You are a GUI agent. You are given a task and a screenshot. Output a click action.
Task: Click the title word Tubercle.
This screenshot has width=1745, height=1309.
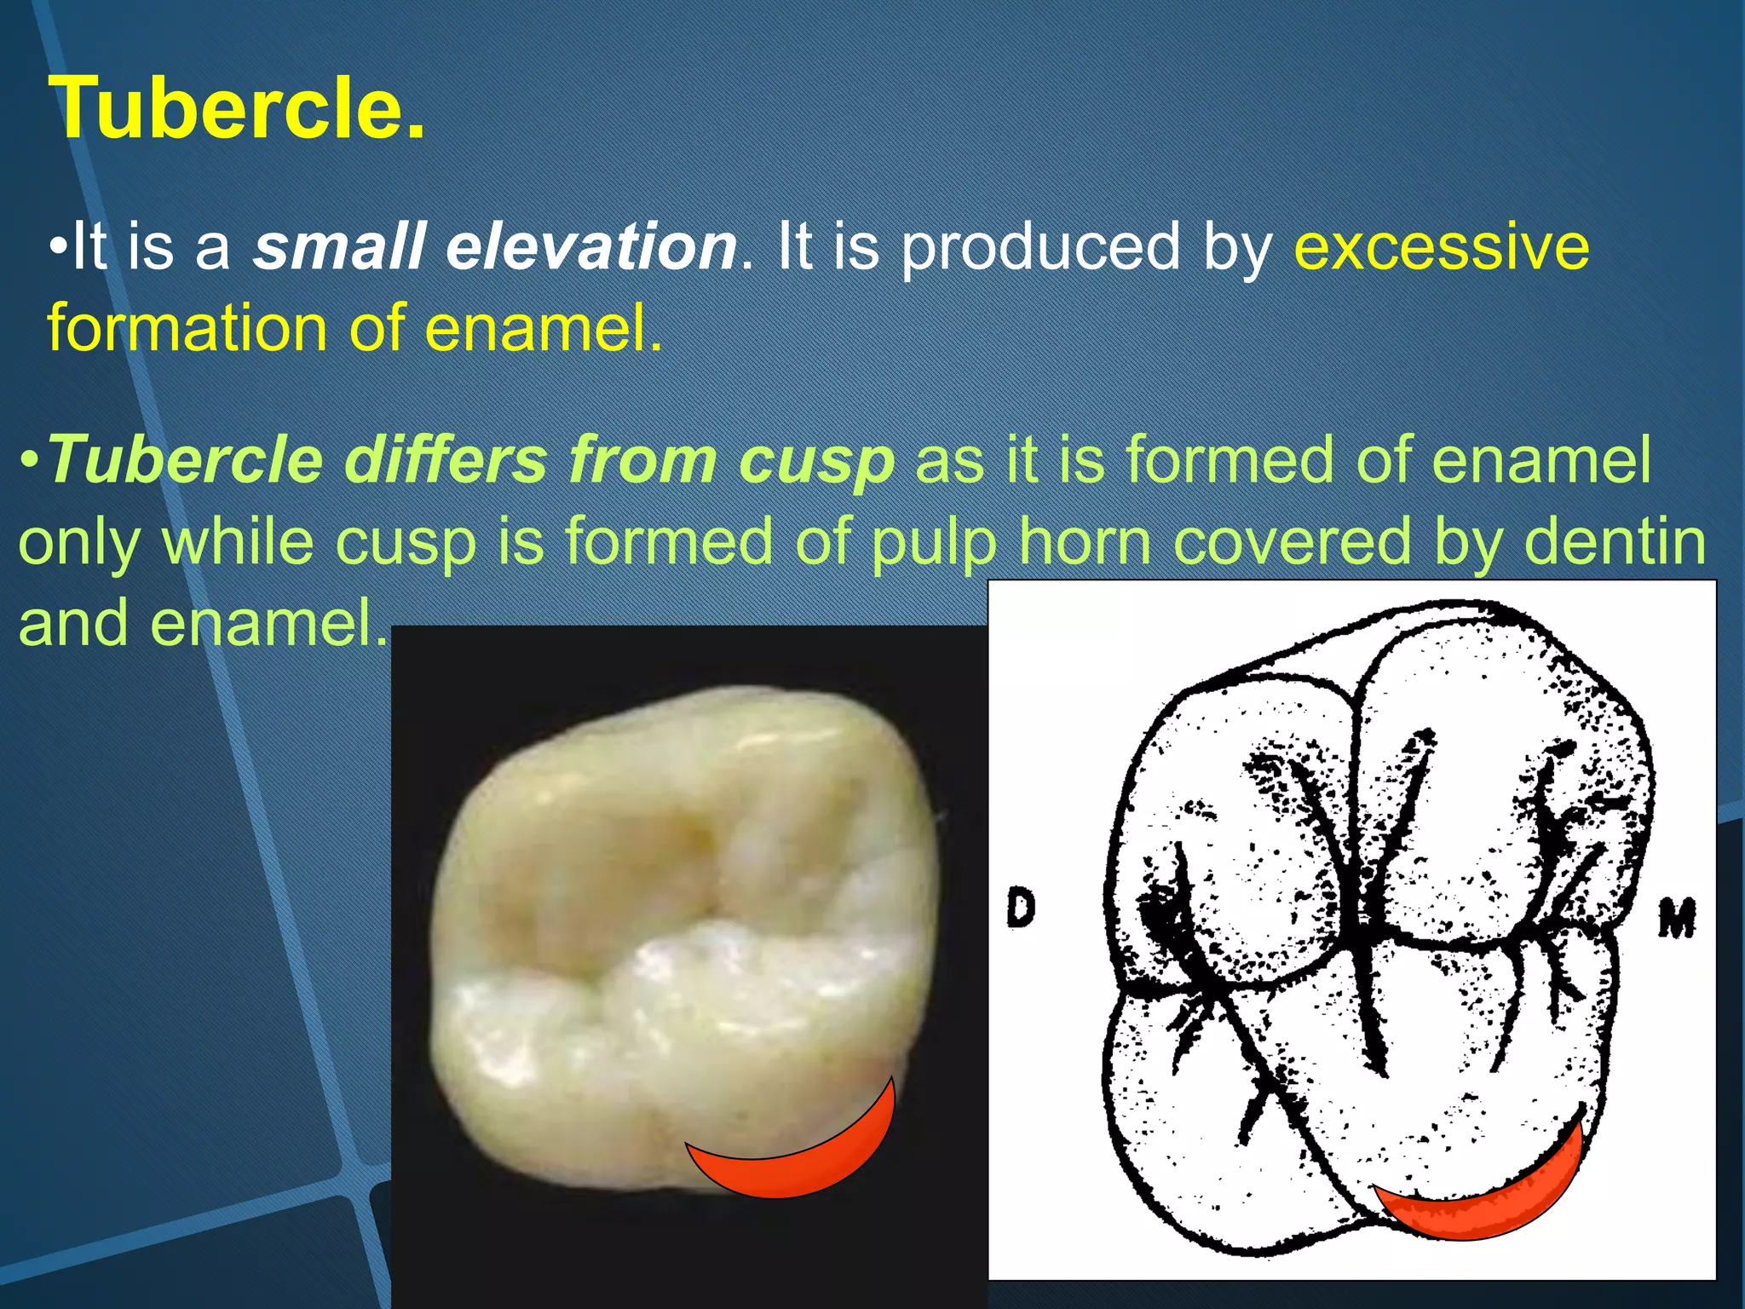[x=237, y=108]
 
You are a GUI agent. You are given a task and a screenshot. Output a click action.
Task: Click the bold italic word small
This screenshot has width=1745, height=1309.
[x=338, y=247]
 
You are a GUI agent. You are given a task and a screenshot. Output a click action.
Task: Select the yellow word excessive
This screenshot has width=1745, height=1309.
[x=1441, y=247]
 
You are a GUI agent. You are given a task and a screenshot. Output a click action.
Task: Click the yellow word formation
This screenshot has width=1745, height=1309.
[x=187, y=328]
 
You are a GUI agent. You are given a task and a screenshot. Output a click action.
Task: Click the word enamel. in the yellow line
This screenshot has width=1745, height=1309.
[x=543, y=328]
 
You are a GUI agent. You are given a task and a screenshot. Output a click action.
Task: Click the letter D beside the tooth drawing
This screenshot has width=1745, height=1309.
[x=1020, y=908]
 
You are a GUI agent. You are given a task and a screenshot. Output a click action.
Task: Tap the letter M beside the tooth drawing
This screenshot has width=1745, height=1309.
[x=1676, y=919]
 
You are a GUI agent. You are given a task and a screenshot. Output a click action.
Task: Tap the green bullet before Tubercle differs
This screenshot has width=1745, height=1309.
[x=29, y=460]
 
